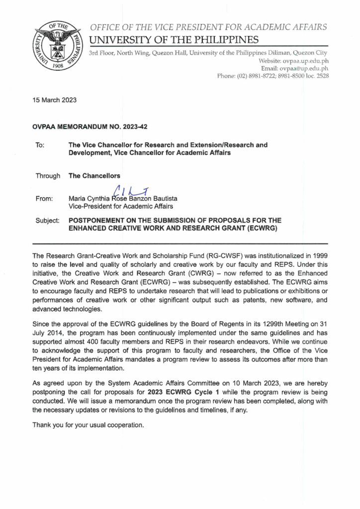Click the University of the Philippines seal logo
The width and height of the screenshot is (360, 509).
pos(55,48)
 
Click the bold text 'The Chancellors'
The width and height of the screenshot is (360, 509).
pos(94,176)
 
